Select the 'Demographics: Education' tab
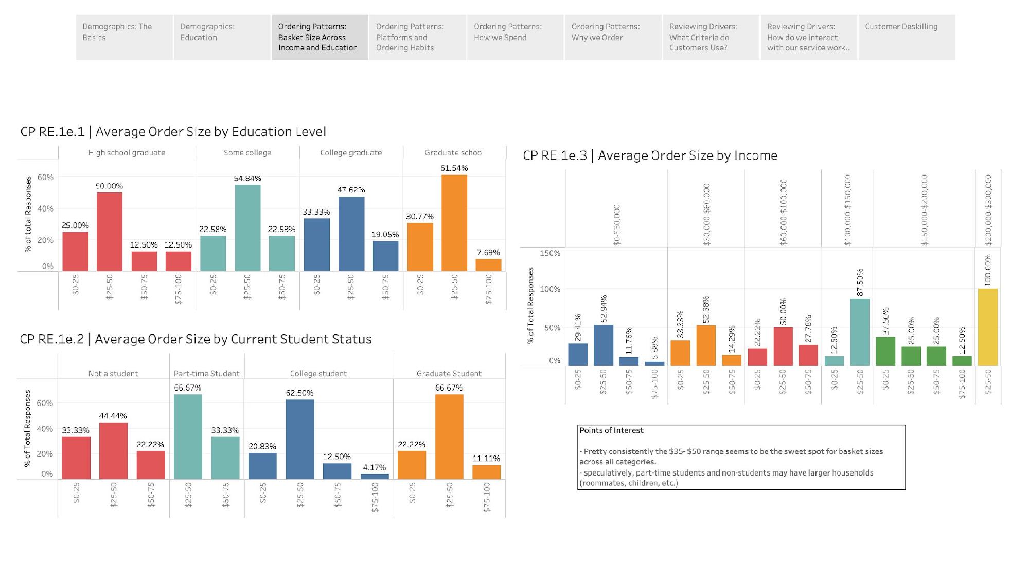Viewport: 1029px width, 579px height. (222, 37)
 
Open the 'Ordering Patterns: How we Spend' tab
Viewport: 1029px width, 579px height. (515, 37)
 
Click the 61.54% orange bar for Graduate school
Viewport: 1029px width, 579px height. (454, 223)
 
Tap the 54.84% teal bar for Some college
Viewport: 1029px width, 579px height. (247, 227)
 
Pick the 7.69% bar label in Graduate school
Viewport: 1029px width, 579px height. (488, 253)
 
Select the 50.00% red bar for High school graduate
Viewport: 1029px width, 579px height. (110, 232)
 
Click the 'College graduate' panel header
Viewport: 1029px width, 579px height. (351, 153)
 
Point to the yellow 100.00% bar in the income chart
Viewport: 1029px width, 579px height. (987, 327)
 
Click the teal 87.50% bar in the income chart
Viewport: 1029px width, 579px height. (860, 332)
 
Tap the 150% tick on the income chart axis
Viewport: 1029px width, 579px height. (550, 253)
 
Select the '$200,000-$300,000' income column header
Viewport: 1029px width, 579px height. (988, 210)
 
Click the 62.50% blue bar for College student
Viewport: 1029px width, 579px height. (300, 439)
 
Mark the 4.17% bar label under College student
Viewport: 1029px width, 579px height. (374, 467)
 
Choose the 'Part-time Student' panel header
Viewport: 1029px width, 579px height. (206, 374)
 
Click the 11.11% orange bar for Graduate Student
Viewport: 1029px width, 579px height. (486, 472)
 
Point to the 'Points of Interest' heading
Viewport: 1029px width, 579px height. (611, 430)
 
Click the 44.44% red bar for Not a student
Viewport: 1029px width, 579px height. (113, 451)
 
